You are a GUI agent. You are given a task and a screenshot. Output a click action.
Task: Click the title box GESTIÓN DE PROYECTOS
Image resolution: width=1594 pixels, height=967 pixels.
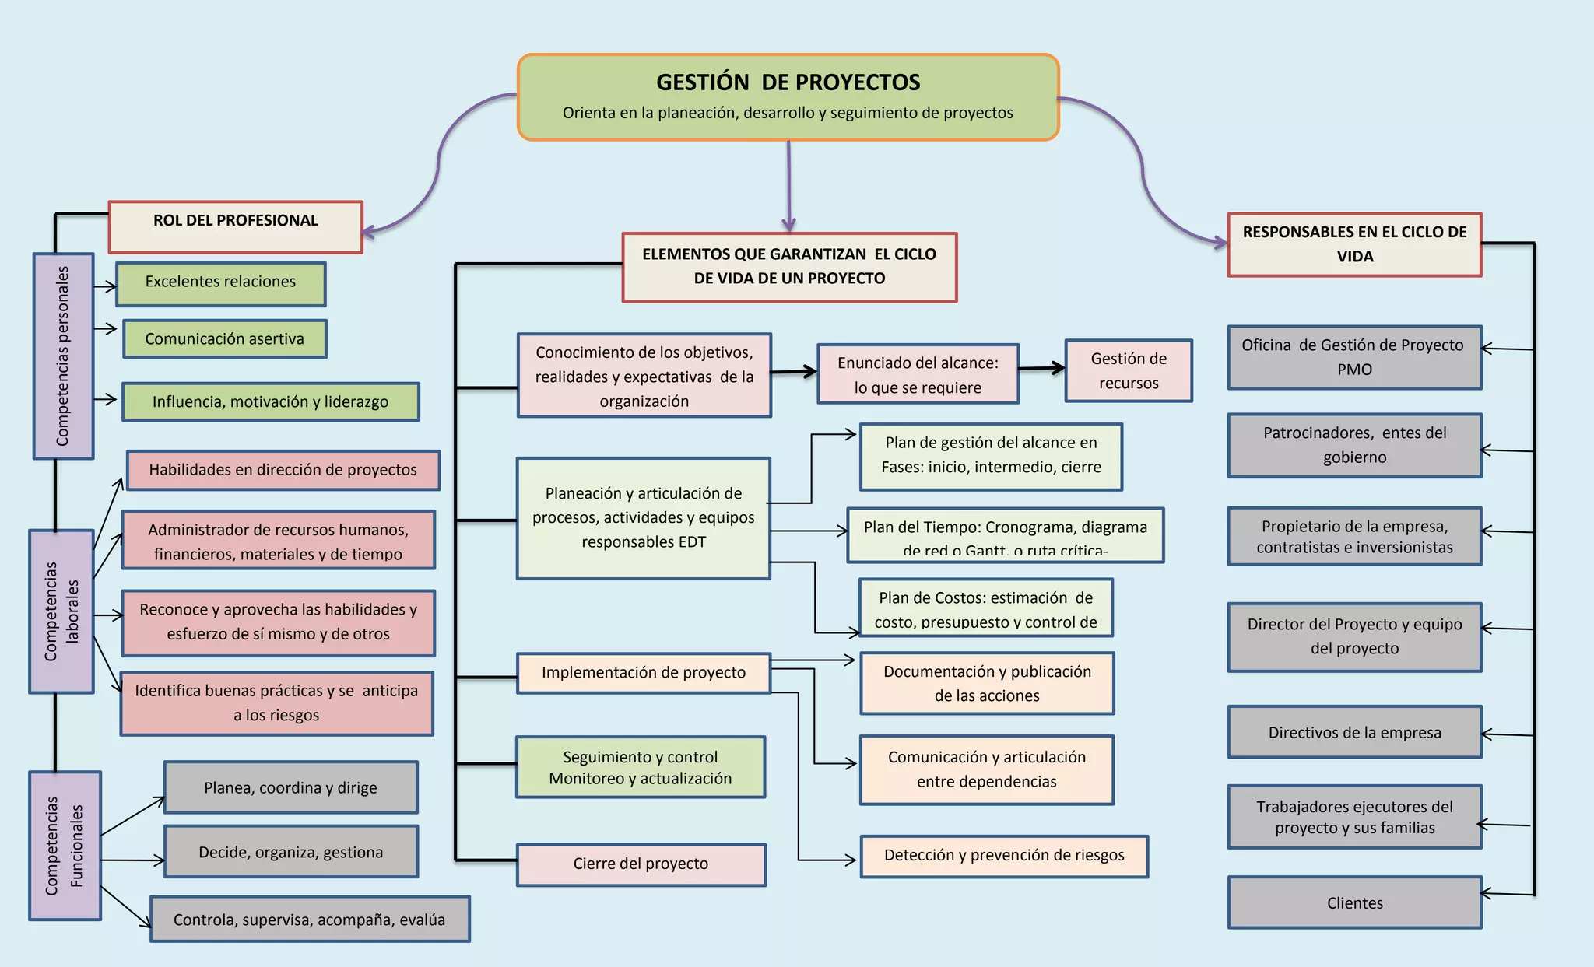[x=788, y=97]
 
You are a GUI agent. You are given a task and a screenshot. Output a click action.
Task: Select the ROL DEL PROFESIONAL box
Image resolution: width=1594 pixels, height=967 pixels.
[x=235, y=227]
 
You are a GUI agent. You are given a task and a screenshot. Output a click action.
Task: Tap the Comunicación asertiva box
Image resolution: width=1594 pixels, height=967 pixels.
[x=224, y=338]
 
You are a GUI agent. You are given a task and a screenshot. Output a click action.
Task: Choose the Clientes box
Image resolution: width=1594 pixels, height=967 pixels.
[x=1354, y=902]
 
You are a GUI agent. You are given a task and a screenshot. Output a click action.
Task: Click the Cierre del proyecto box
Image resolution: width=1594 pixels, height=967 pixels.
[x=641, y=864]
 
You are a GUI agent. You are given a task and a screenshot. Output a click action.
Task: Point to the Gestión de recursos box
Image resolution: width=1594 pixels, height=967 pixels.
[x=1128, y=370]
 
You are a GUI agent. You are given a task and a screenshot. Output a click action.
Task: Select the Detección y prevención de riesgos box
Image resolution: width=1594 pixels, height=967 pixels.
[x=1003, y=856]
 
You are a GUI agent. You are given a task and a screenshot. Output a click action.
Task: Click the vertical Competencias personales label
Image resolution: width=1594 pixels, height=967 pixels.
[x=63, y=356]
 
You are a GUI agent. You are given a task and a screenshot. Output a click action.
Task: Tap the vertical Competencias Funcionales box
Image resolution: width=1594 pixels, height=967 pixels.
[x=65, y=845]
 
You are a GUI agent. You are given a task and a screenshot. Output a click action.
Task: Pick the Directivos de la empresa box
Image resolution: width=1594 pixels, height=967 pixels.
[x=1354, y=732]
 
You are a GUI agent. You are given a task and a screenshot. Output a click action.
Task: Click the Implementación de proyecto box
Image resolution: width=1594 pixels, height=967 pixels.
[x=643, y=673]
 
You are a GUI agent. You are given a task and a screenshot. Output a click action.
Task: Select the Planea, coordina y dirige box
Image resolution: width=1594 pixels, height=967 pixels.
[x=290, y=787]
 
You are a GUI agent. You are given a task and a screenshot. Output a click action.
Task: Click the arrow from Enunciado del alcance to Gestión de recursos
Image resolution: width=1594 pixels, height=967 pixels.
[x=1041, y=368]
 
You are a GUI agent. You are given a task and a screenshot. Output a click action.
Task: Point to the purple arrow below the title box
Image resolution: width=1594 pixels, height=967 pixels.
[x=788, y=187]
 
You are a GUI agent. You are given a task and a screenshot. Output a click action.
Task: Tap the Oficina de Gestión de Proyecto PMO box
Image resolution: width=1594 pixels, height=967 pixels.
[x=1353, y=357]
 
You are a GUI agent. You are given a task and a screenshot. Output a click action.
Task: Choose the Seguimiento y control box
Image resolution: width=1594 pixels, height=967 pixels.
[x=640, y=767]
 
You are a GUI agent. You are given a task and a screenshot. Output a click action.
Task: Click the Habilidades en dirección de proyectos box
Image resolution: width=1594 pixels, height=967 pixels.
[x=283, y=470]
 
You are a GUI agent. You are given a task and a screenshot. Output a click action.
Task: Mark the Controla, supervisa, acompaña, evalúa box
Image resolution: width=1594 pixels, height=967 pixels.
[x=309, y=920]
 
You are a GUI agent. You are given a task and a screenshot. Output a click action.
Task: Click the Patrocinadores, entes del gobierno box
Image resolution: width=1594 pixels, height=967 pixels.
[x=1353, y=445]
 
